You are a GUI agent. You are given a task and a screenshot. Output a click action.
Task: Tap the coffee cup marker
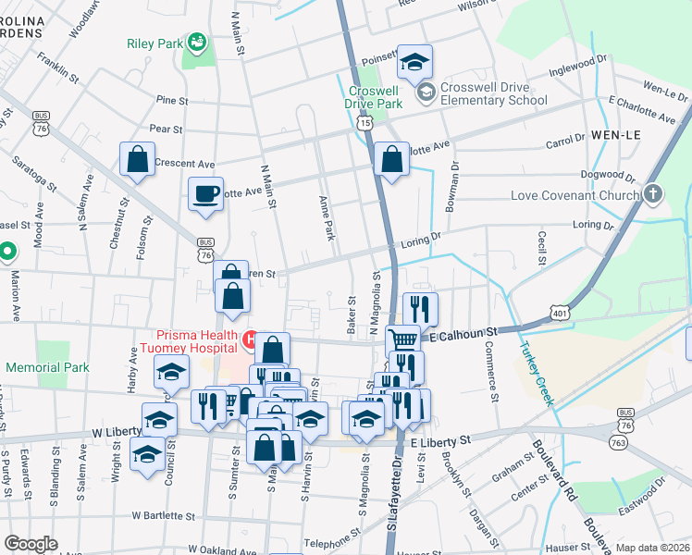[206, 195]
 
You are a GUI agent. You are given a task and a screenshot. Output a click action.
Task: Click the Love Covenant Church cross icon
[654, 194]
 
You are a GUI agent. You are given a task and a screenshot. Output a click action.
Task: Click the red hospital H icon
[249, 340]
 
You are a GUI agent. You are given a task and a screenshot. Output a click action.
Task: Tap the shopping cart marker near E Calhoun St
[402, 340]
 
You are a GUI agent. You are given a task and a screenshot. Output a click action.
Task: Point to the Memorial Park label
[47, 367]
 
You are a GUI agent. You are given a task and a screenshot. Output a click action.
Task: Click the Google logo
[31, 543]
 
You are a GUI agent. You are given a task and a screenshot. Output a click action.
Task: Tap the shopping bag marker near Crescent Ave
[137, 160]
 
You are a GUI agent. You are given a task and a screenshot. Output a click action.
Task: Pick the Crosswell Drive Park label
[375, 97]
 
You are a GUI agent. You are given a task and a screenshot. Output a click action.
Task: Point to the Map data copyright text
[653, 548]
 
